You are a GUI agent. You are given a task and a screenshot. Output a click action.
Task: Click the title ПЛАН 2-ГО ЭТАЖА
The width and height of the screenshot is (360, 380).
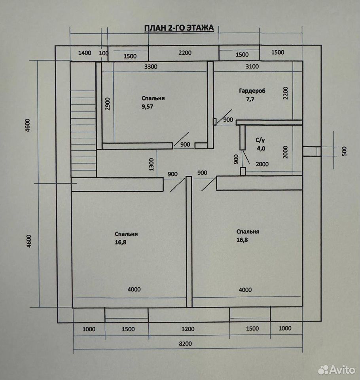[x=179, y=28]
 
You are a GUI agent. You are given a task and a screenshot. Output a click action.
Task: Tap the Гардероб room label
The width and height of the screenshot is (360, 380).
[x=252, y=91]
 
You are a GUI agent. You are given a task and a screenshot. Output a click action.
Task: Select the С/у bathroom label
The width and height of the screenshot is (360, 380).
[x=260, y=140]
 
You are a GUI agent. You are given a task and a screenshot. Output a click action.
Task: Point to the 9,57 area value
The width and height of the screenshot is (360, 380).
[x=147, y=106]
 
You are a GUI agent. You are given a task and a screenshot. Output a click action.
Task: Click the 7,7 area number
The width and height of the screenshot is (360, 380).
[x=250, y=99]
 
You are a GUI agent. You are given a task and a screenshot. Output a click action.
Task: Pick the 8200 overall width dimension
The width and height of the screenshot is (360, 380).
[x=185, y=344]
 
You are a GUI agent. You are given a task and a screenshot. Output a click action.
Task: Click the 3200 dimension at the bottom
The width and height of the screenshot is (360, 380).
[x=188, y=329]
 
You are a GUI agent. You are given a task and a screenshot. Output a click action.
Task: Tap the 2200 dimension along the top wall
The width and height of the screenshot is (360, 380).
[x=185, y=53]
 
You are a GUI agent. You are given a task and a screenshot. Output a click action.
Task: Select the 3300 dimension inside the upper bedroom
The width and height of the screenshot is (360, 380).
[x=151, y=66]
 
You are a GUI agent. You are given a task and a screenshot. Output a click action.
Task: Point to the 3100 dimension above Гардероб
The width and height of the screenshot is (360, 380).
[x=252, y=66]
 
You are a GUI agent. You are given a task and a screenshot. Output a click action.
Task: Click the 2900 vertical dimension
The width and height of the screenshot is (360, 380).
[x=108, y=104]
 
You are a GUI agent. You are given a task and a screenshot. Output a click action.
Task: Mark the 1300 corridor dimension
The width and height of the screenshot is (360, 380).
[x=152, y=165]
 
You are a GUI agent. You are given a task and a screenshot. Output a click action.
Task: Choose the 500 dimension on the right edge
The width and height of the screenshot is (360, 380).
[x=345, y=151]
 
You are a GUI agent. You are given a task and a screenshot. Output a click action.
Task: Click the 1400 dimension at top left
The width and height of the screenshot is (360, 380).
[x=85, y=53]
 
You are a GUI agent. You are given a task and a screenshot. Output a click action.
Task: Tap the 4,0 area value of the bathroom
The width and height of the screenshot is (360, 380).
[x=261, y=148]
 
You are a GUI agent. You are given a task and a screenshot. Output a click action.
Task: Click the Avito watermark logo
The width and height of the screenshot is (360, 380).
[x=337, y=370]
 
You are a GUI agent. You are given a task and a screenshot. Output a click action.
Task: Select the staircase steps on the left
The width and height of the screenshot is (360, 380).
[x=83, y=133]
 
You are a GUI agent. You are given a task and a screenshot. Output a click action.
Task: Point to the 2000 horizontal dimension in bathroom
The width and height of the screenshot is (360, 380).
[x=262, y=164]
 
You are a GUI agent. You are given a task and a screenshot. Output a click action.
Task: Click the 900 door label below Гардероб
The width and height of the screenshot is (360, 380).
[x=228, y=120]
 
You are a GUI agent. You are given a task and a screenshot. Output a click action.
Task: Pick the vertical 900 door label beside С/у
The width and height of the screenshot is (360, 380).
[x=236, y=159]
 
